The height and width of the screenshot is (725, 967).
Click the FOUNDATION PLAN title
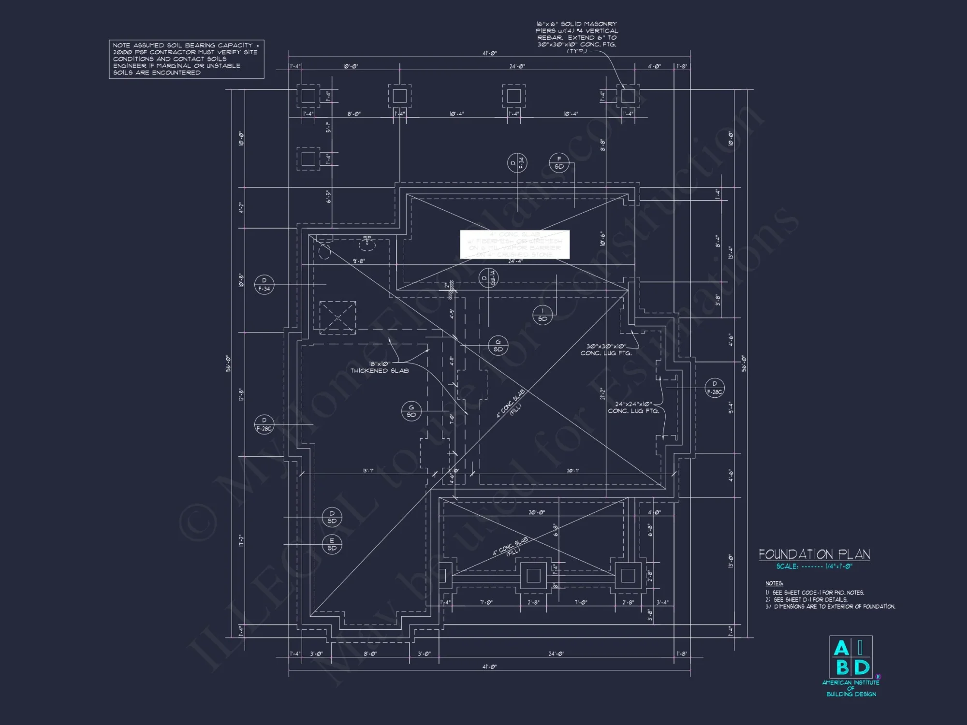pyautogui.click(x=814, y=554)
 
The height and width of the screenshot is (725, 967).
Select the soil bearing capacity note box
pyautogui.click(x=186, y=59)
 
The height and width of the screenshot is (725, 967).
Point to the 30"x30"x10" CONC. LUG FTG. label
pyautogui.click(x=606, y=349)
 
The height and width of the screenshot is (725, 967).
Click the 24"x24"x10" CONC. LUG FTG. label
pyautogui.click(x=633, y=407)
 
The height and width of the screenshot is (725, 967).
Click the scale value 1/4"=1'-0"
pyautogui.click(x=839, y=566)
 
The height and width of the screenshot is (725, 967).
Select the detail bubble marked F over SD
pyautogui.click(x=559, y=163)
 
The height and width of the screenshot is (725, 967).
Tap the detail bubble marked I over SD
pyautogui.click(x=542, y=315)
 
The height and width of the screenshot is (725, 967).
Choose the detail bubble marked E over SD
pyautogui.click(x=332, y=544)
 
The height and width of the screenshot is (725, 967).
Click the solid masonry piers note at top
pyautogui.click(x=576, y=37)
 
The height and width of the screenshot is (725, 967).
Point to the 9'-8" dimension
pyautogui.click(x=359, y=261)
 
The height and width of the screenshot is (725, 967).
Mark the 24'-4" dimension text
pyautogui.click(x=515, y=261)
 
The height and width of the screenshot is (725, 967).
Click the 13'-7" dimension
pyautogui.click(x=368, y=471)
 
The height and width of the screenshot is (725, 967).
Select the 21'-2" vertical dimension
pyautogui.click(x=602, y=394)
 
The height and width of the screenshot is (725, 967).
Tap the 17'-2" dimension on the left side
pyautogui.click(x=241, y=541)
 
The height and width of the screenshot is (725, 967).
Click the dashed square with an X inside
pyautogui.click(x=337, y=318)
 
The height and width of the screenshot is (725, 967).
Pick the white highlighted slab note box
pyautogui.click(x=514, y=245)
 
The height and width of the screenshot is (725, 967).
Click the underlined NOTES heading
pyautogui.click(x=774, y=583)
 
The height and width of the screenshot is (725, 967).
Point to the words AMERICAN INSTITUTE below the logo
pyautogui.click(x=850, y=682)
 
